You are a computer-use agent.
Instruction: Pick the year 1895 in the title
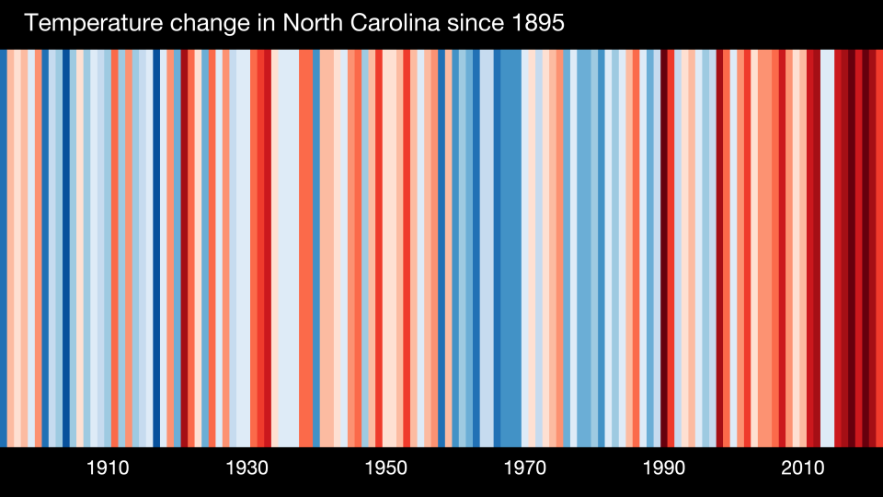tap(533, 23)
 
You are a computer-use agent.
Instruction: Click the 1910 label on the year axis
tap(108, 468)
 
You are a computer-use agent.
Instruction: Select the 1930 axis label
tap(247, 468)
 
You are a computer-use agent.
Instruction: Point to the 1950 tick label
tap(385, 468)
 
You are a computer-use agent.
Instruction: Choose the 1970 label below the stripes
tap(524, 468)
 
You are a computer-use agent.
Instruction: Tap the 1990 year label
tap(663, 468)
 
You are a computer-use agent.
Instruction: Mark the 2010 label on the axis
tap(802, 468)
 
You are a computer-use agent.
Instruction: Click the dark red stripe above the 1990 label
tap(664, 248)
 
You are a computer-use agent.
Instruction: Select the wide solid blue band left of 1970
tap(508, 248)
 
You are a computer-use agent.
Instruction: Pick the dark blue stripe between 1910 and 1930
tap(156, 248)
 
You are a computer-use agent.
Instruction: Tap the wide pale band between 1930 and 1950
tap(284, 248)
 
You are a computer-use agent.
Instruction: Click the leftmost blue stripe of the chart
tap(4, 248)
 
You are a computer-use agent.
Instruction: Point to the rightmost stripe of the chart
tap(878, 248)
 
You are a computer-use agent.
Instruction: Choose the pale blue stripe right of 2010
tap(827, 248)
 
